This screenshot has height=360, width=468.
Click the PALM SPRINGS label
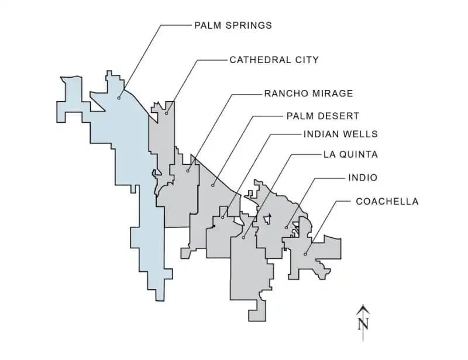(233, 26)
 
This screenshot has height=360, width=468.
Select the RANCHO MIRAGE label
(308, 94)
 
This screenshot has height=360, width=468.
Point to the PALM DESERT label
(322, 116)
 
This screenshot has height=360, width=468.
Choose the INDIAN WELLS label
(340, 134)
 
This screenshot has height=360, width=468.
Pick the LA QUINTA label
(350, 155)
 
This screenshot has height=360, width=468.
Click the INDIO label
(363, 178)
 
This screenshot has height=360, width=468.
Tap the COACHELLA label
(387, 202)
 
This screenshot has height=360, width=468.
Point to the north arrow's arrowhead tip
(363, 305)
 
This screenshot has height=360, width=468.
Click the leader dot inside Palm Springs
(119, 98)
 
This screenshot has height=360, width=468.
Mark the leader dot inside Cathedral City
(166, 113)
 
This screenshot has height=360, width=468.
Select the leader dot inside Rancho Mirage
(188, 171)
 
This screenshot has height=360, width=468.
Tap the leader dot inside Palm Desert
(213, 186)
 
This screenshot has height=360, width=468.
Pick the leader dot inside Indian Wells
(223, 218)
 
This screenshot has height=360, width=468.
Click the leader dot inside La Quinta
(243, 238)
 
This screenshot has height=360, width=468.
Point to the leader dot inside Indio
(286, 227)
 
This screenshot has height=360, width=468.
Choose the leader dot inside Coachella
(305, 254)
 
